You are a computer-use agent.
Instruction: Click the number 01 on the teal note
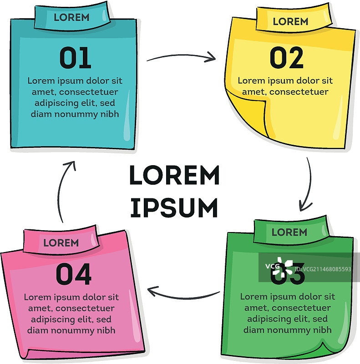click(x=75, y=58)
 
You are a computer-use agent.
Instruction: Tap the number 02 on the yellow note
click(x=286, y=58)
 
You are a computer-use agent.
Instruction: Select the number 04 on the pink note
click(x=74, y=275)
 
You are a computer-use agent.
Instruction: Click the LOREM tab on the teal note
click(x=71, y=18)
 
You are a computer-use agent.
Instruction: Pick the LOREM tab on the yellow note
click(x=290, y=21)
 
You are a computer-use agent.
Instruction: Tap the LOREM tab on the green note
click(x=289, y=232)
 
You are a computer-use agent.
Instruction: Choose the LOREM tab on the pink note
click(x=61, y=243)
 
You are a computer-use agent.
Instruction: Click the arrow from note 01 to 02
click(x=181, y=57)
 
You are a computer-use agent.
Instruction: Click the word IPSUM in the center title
click(x=174, y=207)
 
